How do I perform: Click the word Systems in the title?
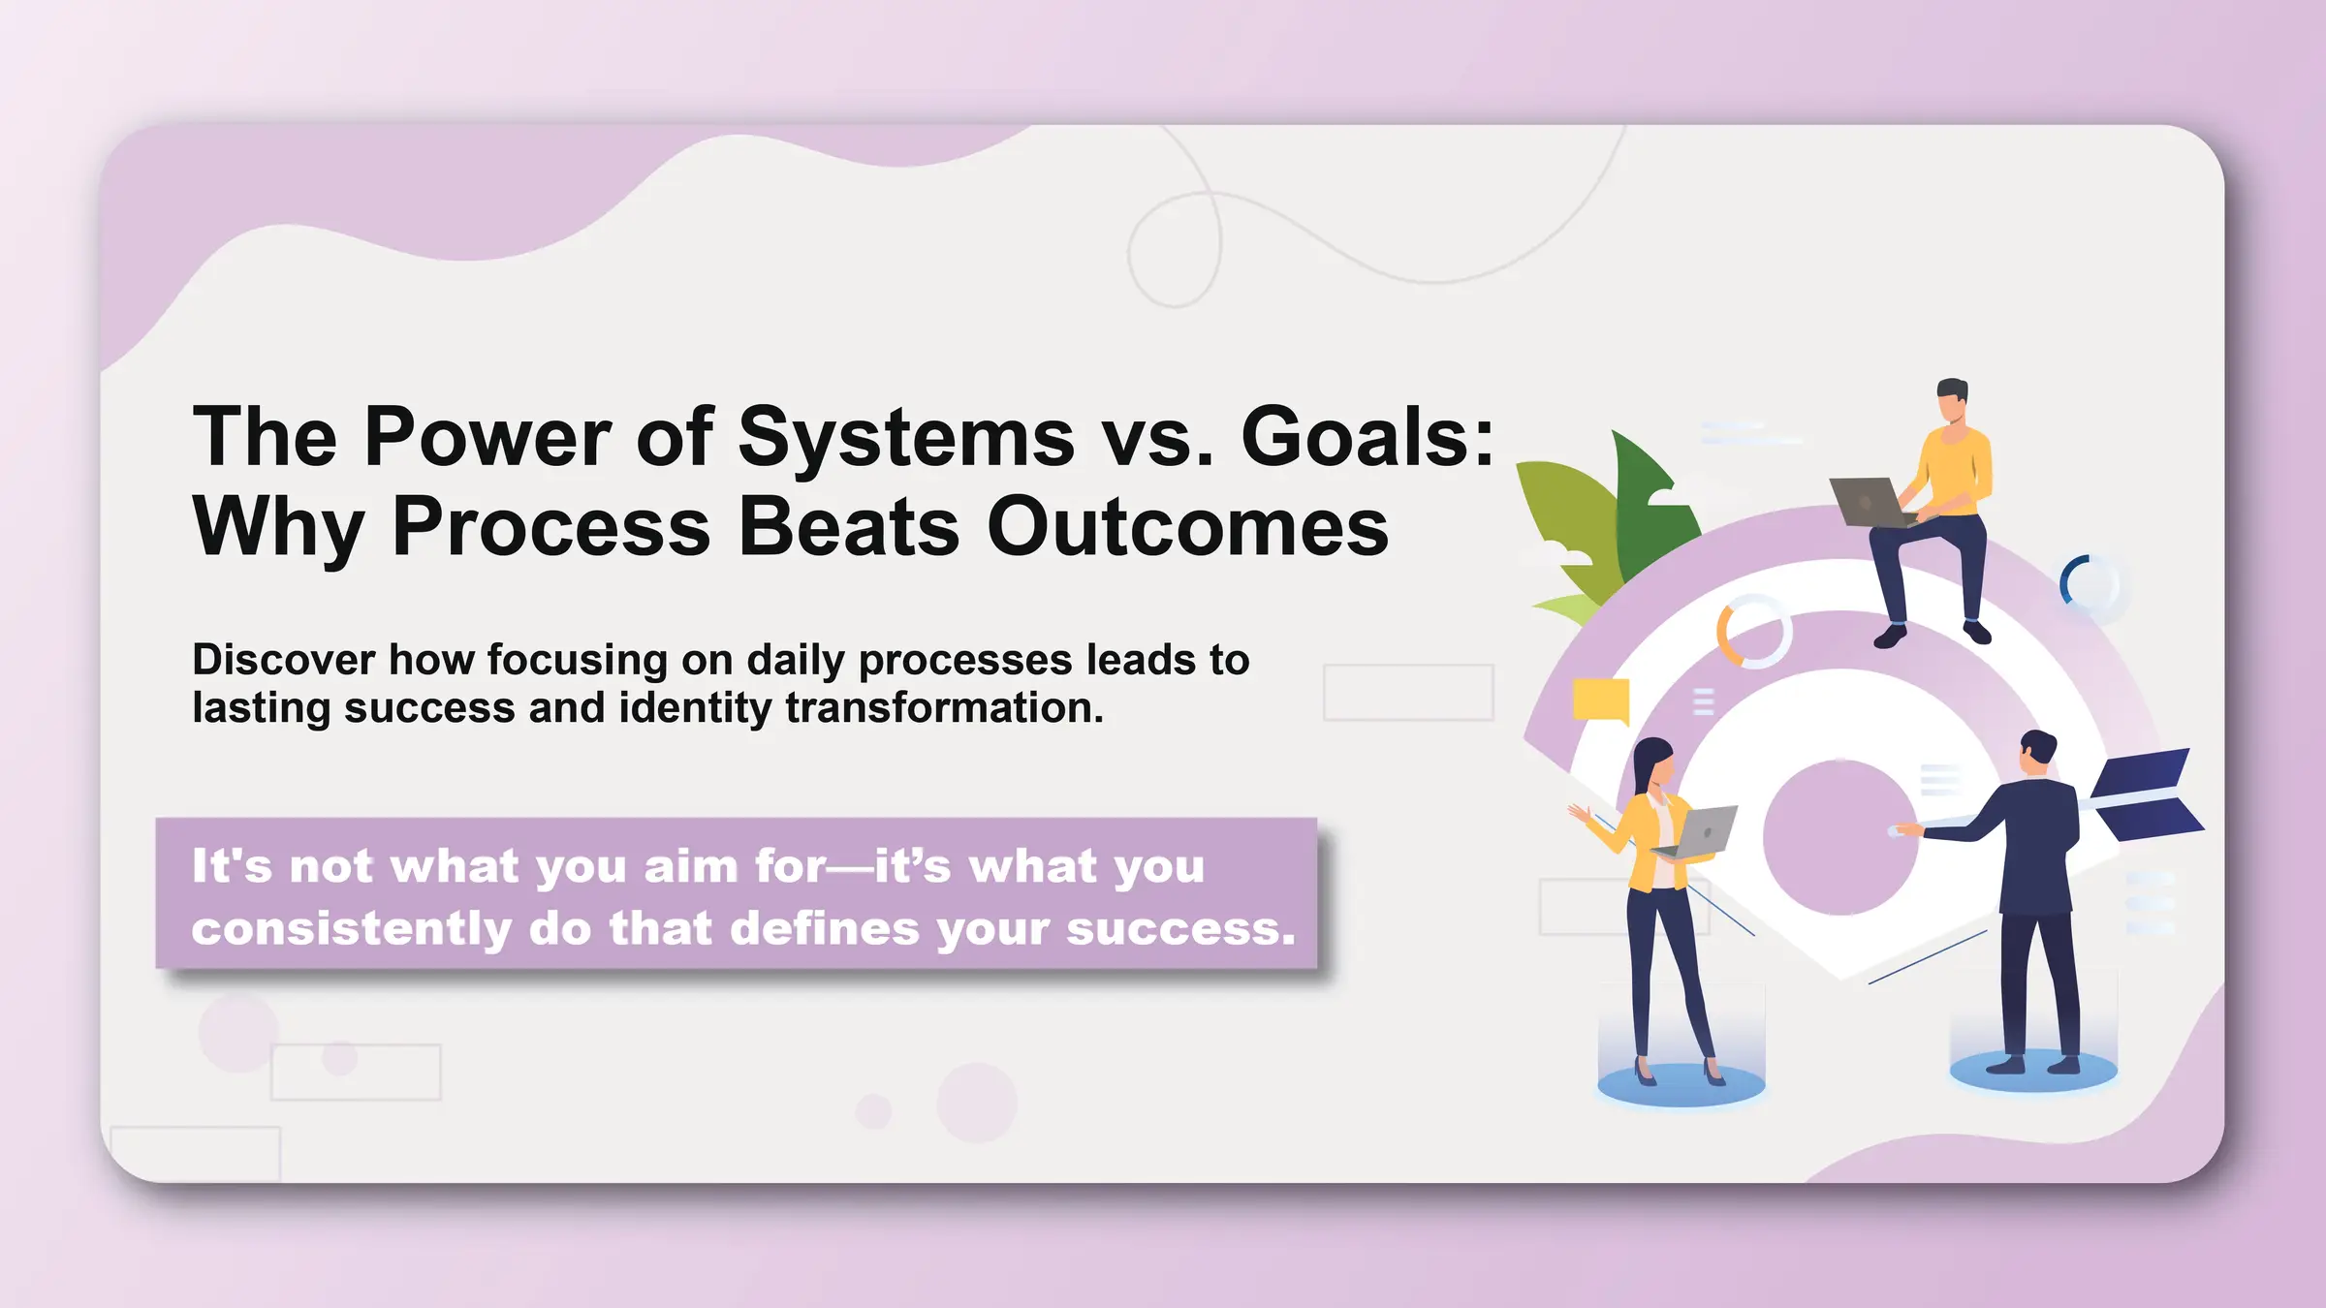[x=906, y=438]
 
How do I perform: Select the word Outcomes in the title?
[x=1187, y=527]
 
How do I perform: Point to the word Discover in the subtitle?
[x=283, y=660]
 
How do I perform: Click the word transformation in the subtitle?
[x=944, y=708]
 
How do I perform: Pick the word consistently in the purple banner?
[x=351, y=929]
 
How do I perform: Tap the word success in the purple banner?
[x=1179, y=929]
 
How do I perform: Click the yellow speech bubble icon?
[x=1600, y=701]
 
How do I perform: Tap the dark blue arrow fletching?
[x=2147, y=794]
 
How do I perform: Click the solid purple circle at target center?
[x=1839, y=838]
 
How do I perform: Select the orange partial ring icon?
[x=1727, y=635]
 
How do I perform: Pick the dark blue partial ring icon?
[x=2069, y=579]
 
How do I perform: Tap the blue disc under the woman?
[x=1681, y=1085]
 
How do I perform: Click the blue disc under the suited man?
[x=2032, y=1072]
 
